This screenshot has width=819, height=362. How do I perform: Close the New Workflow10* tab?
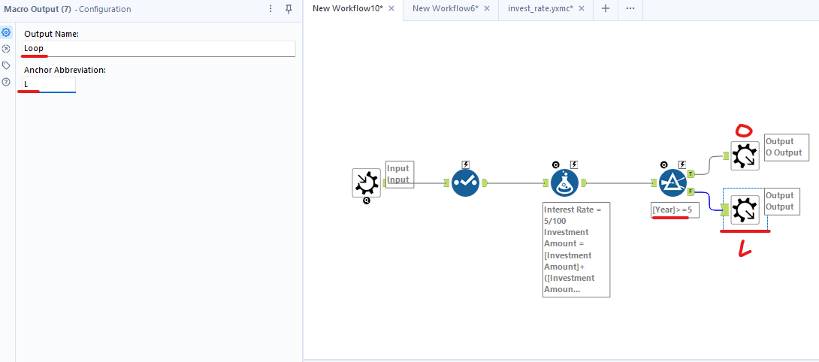tap(391, 8)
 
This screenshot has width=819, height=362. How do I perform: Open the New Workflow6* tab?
tap(445, 8)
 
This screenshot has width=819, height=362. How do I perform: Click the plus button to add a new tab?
tap(606, 8)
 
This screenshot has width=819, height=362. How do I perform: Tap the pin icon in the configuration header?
tap(289, 9)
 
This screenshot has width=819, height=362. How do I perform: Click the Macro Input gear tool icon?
tap(367, 183)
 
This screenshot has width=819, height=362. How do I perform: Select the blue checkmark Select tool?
tap(466, 183)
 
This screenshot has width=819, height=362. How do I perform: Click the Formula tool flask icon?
tap(564, 183)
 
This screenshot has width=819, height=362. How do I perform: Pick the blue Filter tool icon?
tap(673, 183)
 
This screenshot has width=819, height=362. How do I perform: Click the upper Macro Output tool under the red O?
tap(745, 155)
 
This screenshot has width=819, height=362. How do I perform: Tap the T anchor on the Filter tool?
tap(691, 173)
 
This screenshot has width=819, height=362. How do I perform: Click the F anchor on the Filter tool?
tap(691, 192)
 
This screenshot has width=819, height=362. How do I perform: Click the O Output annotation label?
tap(786, 147)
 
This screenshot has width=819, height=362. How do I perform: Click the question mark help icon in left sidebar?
tap(6, 82)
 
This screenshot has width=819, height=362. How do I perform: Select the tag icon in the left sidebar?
tap(6, 65)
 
